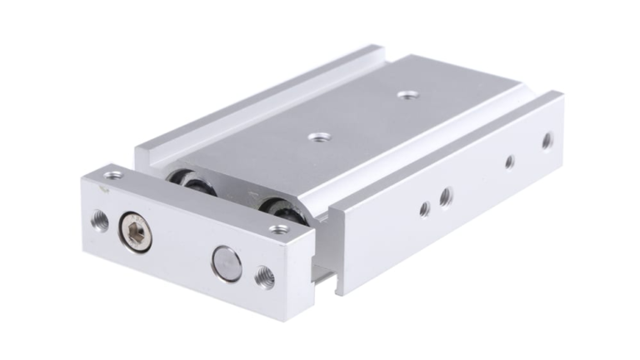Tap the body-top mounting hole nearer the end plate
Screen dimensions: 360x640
coord(316,135)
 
